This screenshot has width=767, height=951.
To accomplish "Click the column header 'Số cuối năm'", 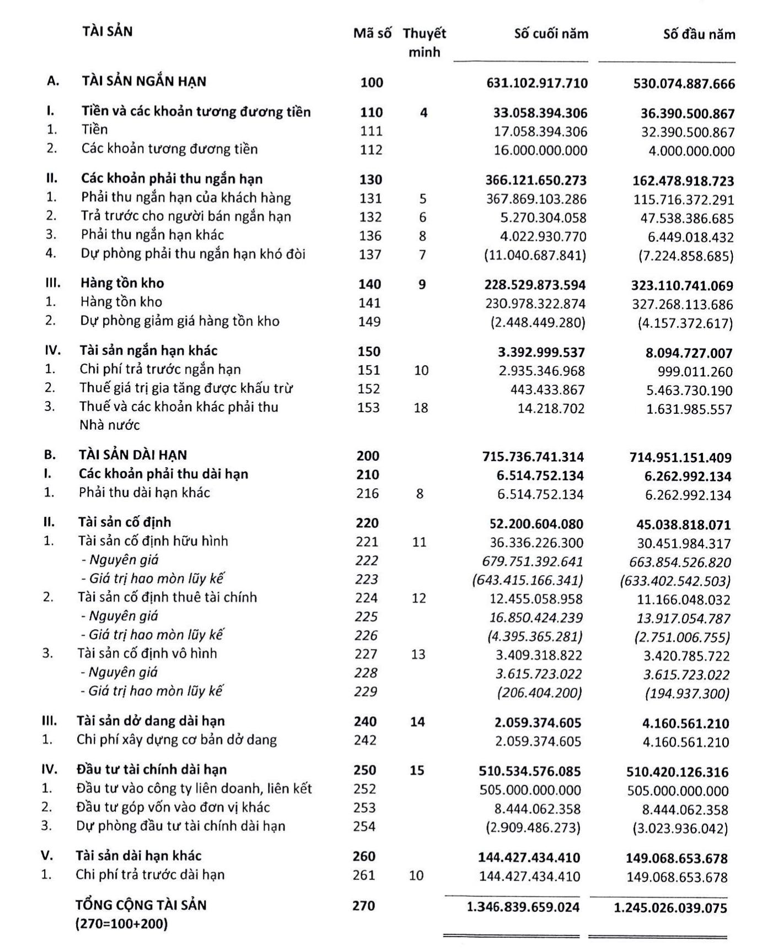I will point(551,34).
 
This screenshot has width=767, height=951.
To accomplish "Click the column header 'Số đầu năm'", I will point(699,35).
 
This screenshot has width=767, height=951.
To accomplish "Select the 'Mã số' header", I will point(372,34).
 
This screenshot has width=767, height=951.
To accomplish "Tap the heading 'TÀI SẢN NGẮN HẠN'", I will point(144,82).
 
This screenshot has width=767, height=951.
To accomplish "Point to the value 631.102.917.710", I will point(537,83).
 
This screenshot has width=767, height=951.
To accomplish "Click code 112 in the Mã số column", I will point(371,150).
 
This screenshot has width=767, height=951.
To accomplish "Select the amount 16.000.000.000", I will point(540,150).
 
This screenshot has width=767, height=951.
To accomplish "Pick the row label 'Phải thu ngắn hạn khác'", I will point(152,235).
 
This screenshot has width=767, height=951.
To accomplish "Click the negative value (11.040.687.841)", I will point(535,255).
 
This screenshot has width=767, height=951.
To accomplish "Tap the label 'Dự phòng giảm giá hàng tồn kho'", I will point(180,321).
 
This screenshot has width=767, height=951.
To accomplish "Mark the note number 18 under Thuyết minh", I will point(421,408).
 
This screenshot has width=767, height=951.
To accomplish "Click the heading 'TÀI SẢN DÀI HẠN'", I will point(133,455).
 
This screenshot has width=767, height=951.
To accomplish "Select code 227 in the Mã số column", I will point(366,654).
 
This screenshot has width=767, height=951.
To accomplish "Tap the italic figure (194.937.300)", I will point(686,694).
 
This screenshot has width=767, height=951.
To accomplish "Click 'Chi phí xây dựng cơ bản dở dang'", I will point(176,740).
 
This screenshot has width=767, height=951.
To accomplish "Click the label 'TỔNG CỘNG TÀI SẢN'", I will point(141,905).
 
